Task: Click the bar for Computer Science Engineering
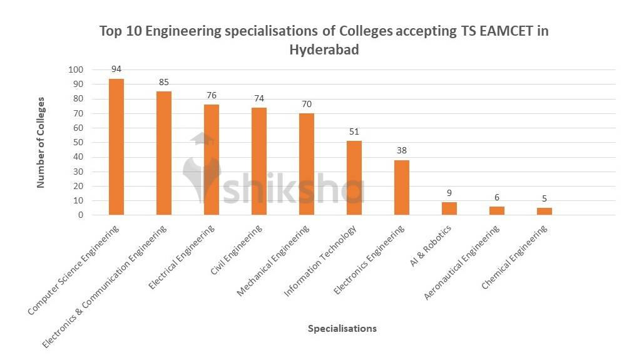point(116,147)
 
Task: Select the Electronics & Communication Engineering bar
point(164,153)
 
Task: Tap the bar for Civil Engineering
point(259,162)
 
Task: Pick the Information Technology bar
point(354,178)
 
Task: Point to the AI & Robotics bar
point(449,208)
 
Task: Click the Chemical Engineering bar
point(545,212)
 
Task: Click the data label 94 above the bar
point(116,69)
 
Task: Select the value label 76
point(212,95)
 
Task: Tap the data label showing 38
point(402,150)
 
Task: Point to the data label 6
point(497,197)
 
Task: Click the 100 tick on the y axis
point(76,69)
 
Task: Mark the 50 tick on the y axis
point(78,142)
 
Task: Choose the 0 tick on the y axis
point(81,215)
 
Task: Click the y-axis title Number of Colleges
point(41,142)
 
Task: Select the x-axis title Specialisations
point(342,329)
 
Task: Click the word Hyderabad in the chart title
point(324,50)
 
